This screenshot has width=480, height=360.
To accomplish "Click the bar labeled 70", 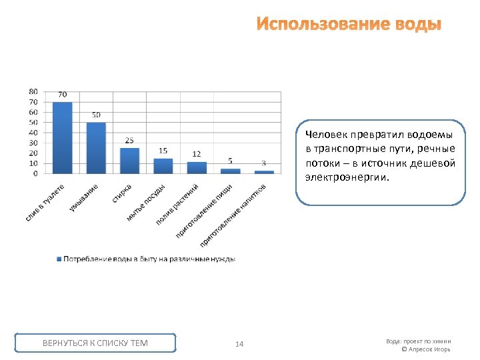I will point(62,137).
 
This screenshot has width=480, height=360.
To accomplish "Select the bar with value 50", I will point(96,147).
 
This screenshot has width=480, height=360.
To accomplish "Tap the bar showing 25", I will point(129,161).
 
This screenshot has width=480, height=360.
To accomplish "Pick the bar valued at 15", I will point(163,165).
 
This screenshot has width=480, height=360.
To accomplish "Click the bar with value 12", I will point(197,167).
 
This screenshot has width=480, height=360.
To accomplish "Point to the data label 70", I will point(62,95).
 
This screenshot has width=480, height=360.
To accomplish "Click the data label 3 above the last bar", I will point(263,163).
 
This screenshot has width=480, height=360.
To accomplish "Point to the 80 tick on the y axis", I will point(33,91).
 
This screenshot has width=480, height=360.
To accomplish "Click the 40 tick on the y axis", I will point(33,132).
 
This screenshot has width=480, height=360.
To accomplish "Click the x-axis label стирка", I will point(121,193).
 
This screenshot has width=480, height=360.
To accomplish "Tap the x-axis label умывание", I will point(84,199).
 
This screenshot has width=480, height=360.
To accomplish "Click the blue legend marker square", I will point(59,259).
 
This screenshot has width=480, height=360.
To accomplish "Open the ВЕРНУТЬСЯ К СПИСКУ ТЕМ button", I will point(95,343).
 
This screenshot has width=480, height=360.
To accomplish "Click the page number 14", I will point(239,344).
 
